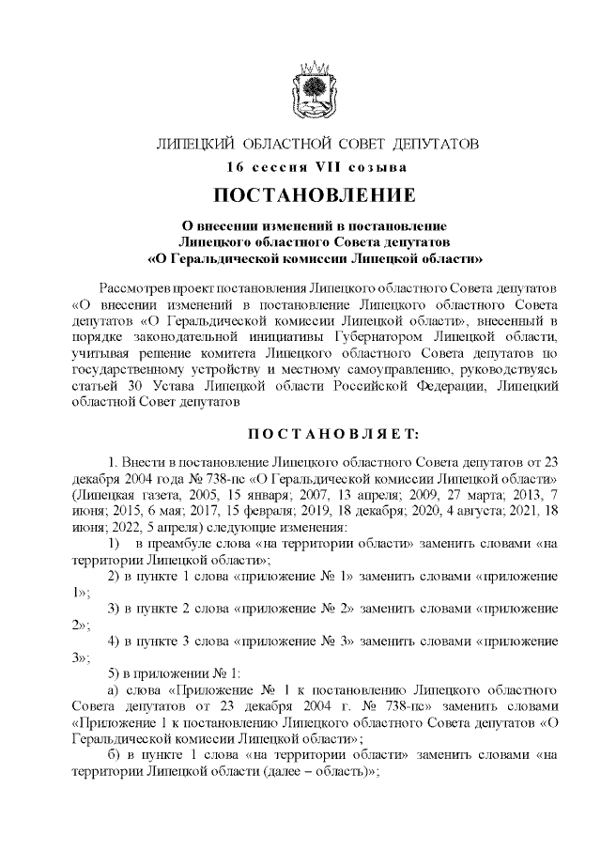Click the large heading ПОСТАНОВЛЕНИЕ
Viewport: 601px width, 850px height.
click(316, 197)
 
